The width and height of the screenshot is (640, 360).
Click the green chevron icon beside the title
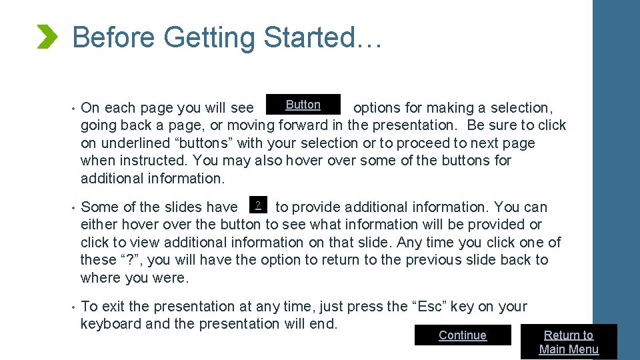tap(47, 37)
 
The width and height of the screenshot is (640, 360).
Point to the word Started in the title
tap(309, 37)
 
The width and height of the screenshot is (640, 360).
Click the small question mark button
tap(257, 204)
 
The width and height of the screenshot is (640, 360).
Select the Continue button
tap(463, 335)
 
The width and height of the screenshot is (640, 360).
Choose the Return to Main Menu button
tap(569, 342)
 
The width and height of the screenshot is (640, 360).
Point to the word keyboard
tap(111, 324)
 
